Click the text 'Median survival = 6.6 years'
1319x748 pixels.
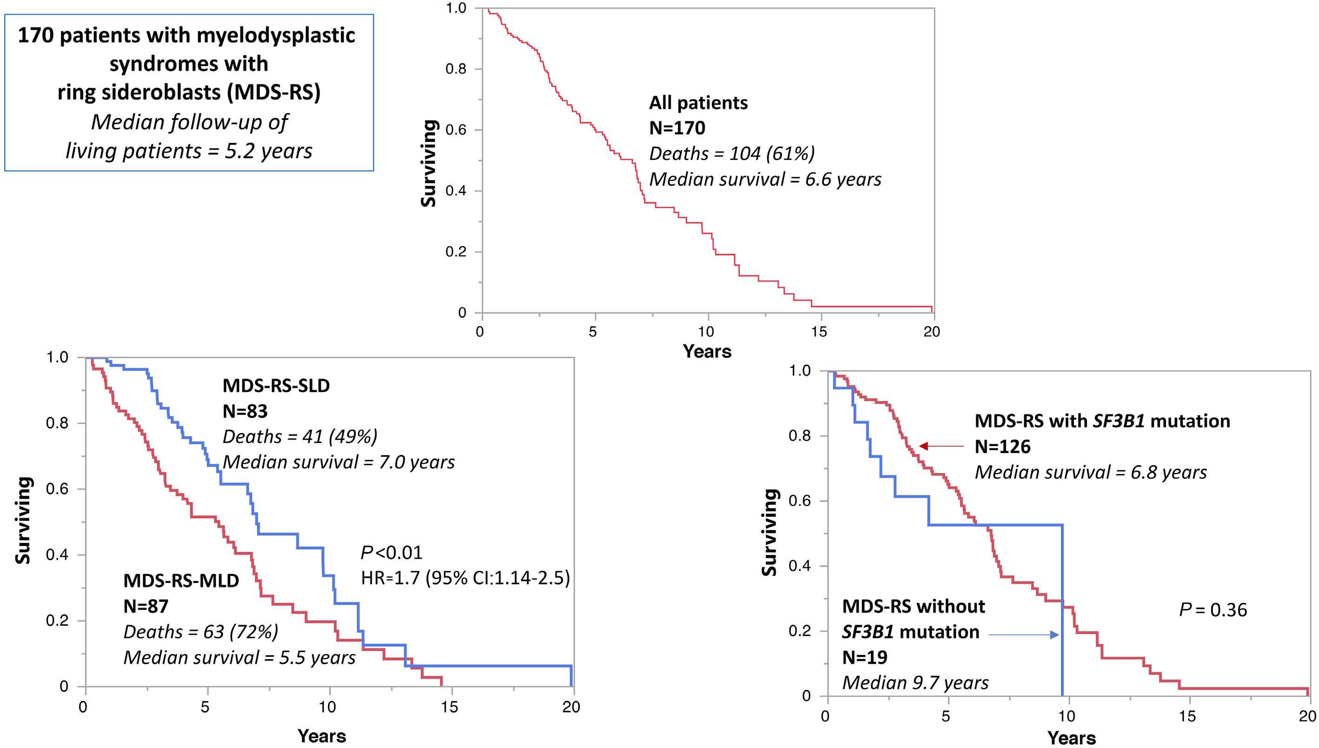[x=765, y=179]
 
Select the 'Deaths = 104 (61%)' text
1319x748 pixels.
[x=732, y=154]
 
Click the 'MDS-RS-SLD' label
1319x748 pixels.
[x=276, y=385]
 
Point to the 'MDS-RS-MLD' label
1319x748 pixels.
[x=181, y=581]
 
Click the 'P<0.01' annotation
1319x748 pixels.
[x=392, y=552]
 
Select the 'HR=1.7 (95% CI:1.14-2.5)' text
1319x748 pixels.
[x=465, y=578]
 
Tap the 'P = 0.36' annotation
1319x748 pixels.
[x=1212, y=610]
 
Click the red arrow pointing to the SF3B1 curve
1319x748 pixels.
[x=941, y=446]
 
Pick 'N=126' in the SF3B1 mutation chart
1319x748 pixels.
[x=1003, y=447]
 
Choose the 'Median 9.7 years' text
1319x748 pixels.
[x=915, y=683]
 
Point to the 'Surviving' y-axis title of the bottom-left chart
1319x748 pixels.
[x=24, y=521]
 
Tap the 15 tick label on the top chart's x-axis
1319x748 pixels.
[x=819, y=332]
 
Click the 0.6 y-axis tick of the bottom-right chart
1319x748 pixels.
[x=799, y=501]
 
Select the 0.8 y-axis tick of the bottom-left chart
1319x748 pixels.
[x=57, y=423]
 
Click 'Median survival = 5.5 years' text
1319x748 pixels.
[x=240, y=658]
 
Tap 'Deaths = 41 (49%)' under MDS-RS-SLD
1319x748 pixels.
[x=300, y=437]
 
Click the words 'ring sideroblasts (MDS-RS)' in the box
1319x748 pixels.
[x=188, y=93]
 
